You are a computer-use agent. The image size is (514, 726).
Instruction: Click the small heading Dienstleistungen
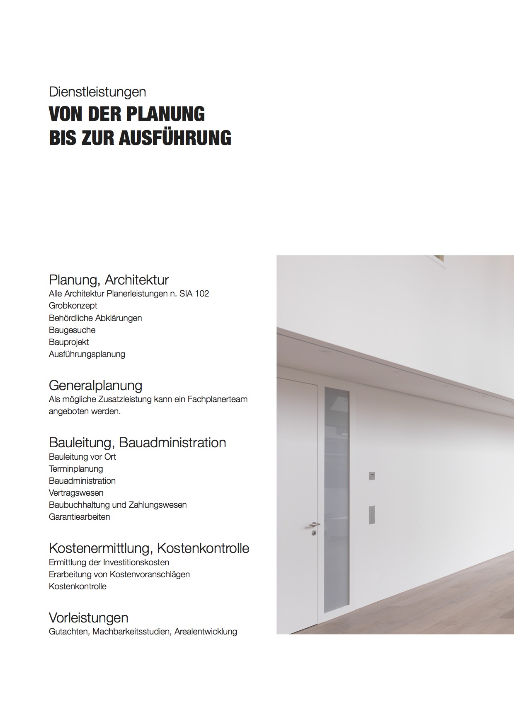(97, 92)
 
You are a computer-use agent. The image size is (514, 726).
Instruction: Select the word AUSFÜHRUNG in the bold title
(175, 137)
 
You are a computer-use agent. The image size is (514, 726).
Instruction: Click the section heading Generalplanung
(95, 386)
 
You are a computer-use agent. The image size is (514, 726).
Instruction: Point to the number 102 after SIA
(202, 294)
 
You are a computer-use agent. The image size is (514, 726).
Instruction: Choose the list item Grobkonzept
(73, 306)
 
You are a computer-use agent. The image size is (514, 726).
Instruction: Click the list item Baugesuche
(72, 330)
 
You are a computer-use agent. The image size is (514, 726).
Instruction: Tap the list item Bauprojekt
(69, 342)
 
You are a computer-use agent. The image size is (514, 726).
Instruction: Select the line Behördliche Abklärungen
(95, 318)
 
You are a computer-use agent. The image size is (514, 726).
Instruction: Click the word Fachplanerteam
(217, 400)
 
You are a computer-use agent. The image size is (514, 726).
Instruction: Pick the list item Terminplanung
(76, 469)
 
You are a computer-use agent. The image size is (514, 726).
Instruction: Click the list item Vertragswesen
(76, 493)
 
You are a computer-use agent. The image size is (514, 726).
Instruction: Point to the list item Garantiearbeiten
(80, 517)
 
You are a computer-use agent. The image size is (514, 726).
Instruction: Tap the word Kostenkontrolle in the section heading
(203, 548)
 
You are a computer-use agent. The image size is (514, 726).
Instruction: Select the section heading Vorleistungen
(88, 618)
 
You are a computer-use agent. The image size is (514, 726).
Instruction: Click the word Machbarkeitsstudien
(131, 632)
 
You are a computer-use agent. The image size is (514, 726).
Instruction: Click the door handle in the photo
(315, 525)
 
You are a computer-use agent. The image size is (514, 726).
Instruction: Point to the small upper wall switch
(372, 475)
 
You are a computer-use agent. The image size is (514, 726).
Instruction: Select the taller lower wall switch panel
(372, 514)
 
